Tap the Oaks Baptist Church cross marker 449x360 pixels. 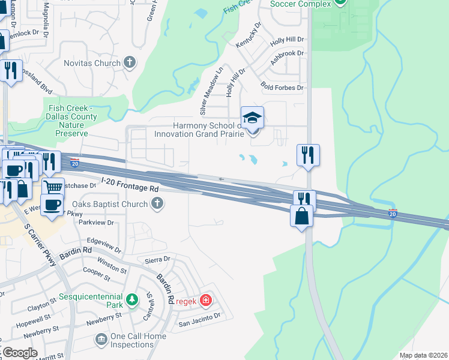pos(157,204)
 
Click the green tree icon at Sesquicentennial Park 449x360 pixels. pos(132,298)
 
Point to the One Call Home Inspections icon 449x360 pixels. pos(101,340)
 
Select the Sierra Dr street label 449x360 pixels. pos(158,260)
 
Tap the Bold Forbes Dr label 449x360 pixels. pos(282,88)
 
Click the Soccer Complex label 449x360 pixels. pos(301,4)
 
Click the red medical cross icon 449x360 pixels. pos(206,299)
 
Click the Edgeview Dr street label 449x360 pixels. pos(104,245)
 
